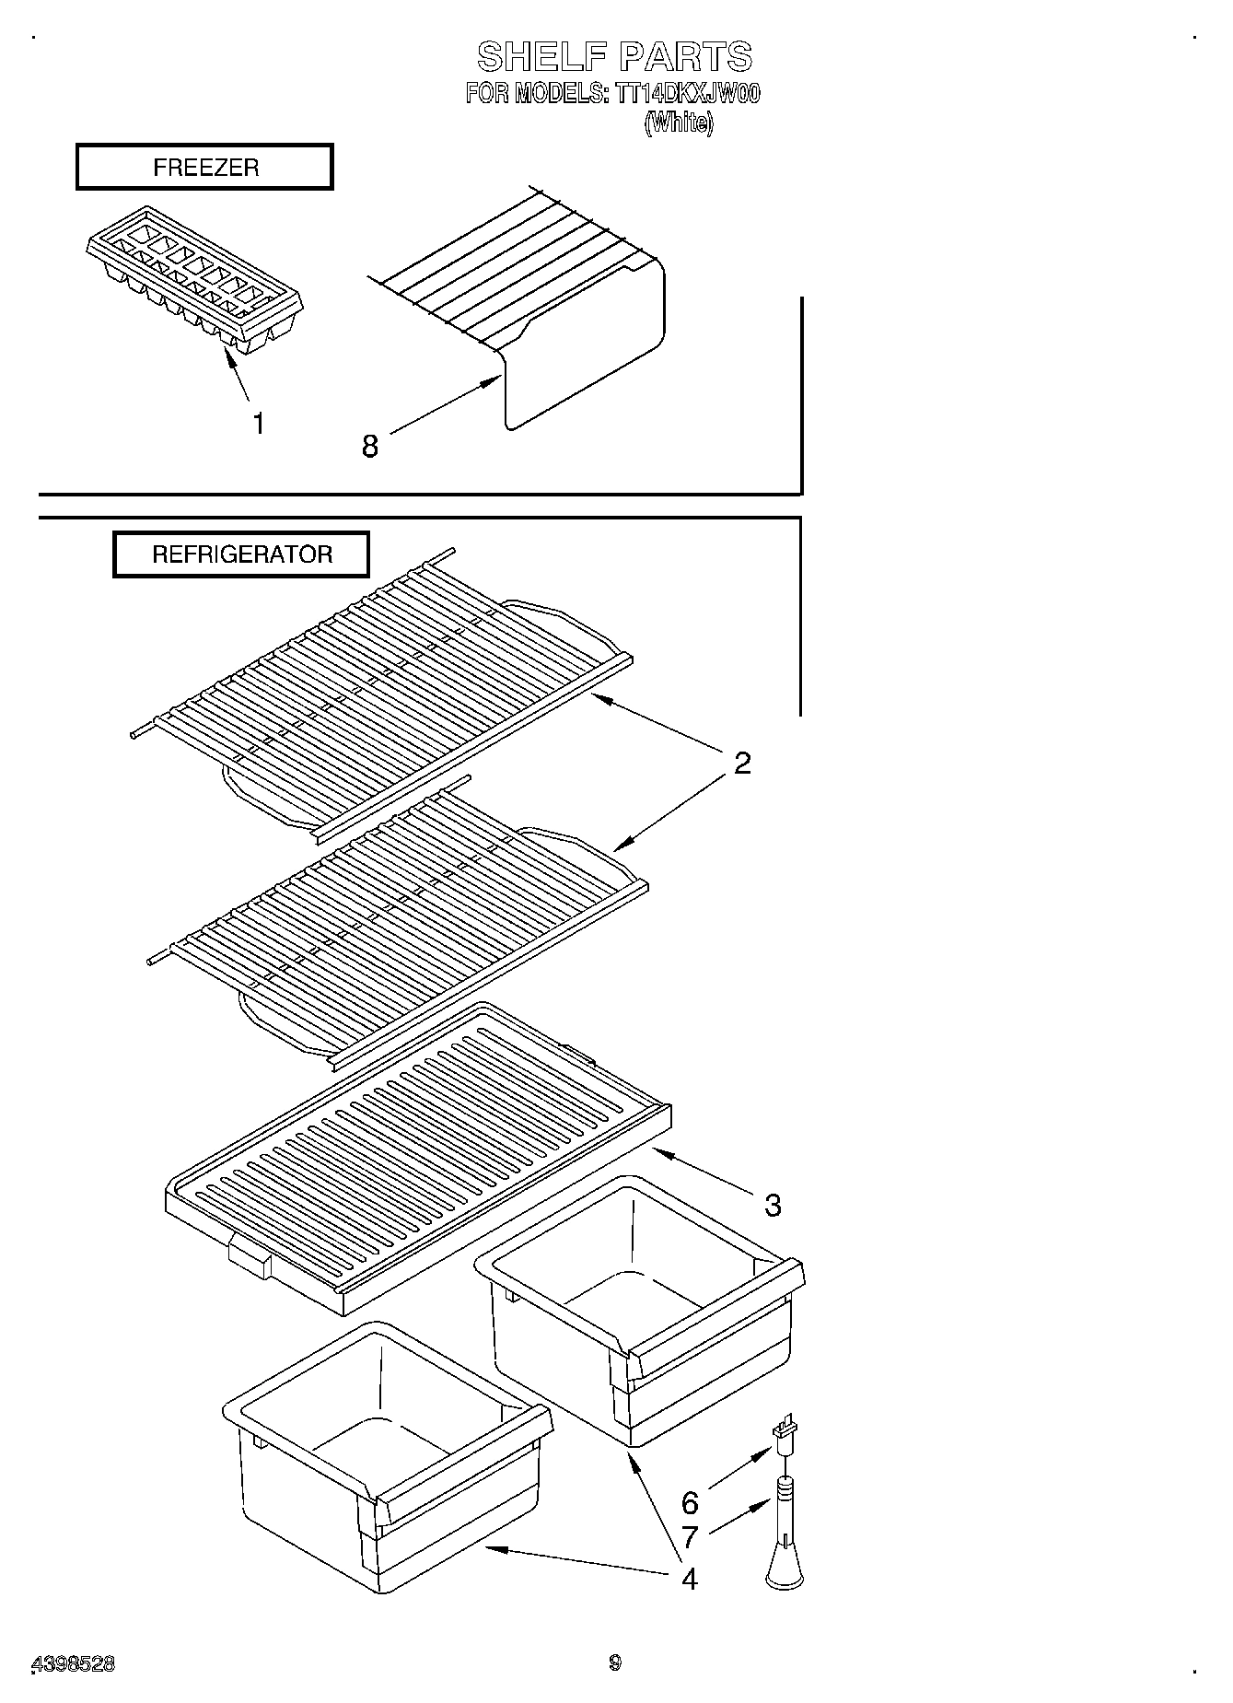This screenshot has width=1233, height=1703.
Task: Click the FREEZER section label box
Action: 204,168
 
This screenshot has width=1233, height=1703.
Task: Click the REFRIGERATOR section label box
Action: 241,554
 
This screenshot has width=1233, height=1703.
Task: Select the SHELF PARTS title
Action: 614,57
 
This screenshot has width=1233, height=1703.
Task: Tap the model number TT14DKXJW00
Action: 686,94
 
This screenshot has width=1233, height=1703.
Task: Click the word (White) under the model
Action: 679,123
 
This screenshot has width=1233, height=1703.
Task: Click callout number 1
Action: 259,424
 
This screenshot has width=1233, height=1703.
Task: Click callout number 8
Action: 369,447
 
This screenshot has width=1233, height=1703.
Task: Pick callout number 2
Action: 742,763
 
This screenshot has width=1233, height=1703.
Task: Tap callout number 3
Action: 772,1205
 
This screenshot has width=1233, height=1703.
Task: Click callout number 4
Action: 689,1579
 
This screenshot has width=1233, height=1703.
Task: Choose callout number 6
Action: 690,1503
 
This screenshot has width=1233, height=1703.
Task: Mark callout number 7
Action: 690,1536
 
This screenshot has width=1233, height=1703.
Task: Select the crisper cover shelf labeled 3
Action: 419,1161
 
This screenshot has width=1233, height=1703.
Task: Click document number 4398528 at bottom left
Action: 74,1663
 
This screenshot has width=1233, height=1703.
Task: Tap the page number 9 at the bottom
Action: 615,1662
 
